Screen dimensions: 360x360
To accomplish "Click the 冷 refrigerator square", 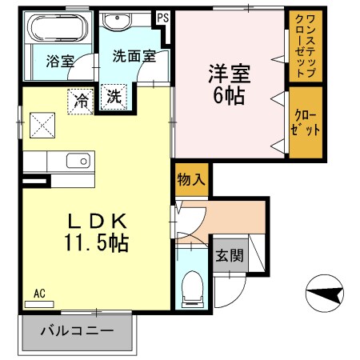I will pos(80,100).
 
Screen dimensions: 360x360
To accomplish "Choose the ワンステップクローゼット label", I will pos(305,46).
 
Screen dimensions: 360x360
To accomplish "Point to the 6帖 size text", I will pos(229,97).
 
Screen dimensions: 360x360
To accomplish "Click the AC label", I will pos(40,293).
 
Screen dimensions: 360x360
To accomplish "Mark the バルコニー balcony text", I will pos(76,330).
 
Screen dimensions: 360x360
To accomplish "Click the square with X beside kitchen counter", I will pos(42,125).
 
